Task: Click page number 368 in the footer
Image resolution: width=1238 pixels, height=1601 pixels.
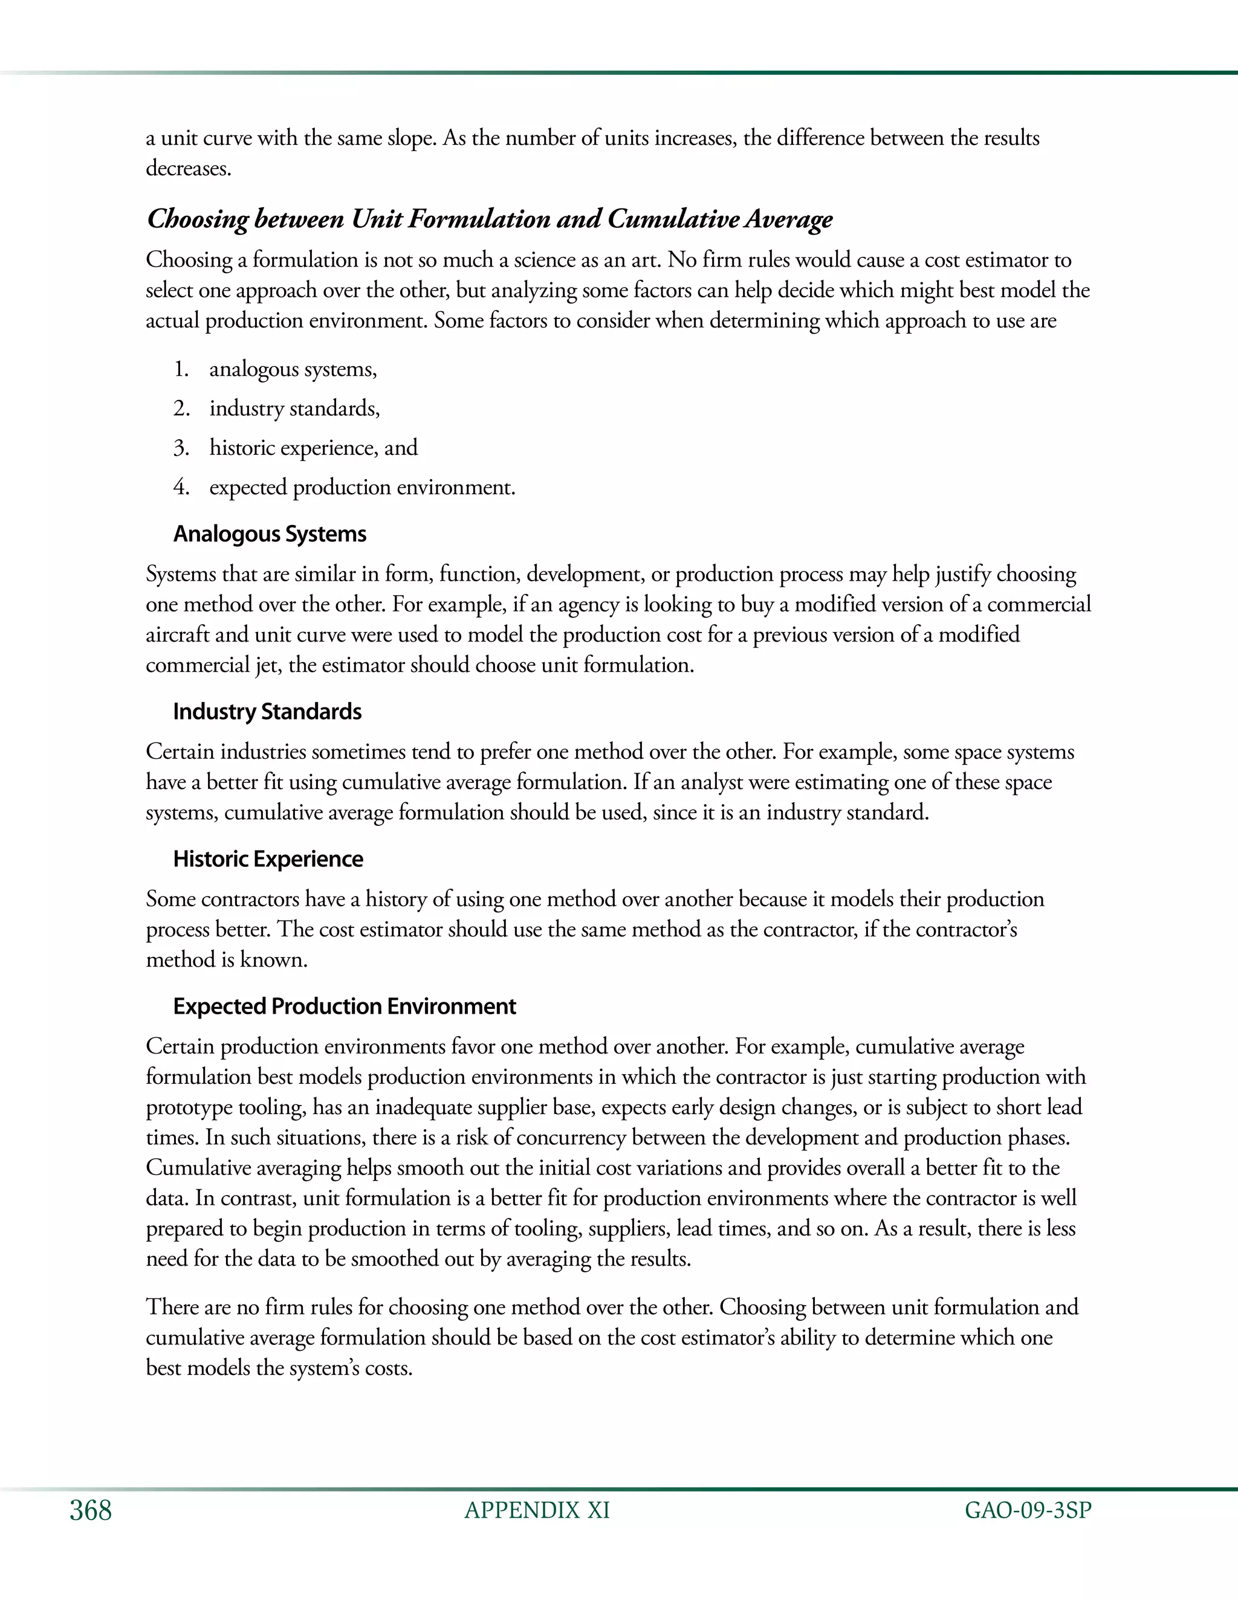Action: pos(91,1510)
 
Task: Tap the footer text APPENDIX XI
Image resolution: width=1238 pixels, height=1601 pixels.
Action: pos(537,1510)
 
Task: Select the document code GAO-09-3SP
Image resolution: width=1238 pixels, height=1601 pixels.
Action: pos(1028,1510)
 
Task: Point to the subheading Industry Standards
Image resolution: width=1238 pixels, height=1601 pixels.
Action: pos(267,711)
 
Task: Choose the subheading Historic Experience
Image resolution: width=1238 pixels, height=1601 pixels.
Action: pos(268,858)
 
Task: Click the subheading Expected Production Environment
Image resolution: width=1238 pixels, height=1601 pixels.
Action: pos(344,1006)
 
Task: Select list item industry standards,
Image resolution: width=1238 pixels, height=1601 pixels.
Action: pos(294,408)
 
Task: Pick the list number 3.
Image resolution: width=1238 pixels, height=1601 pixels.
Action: pos(182,448)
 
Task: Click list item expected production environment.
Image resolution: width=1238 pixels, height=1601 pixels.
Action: pos(362,488)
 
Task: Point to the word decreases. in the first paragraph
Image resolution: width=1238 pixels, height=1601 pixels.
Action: pos(189,169)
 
